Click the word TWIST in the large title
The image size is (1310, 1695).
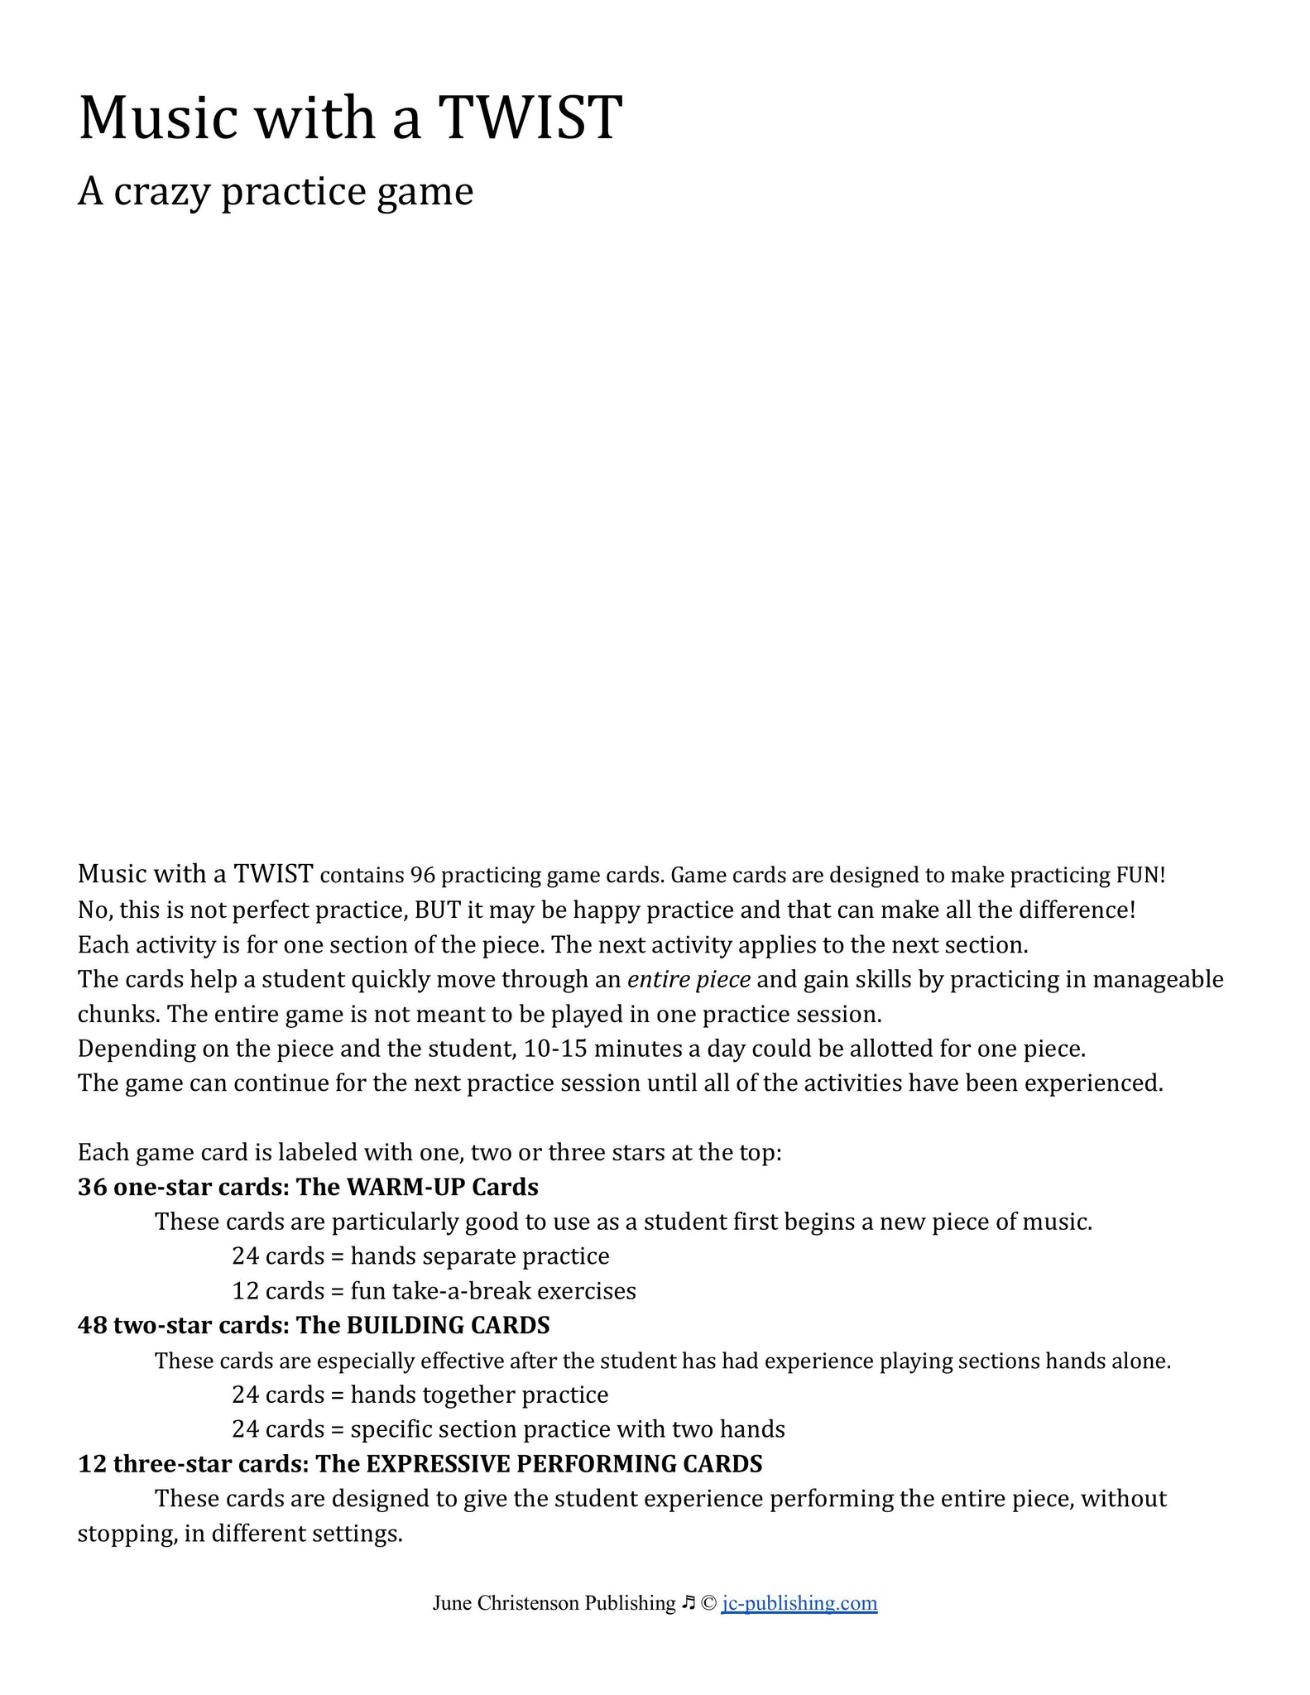[530, 118]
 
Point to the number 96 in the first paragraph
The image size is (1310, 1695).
[422, 875]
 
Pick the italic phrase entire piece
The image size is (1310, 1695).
[689, 980]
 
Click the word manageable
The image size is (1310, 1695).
[1158, 980]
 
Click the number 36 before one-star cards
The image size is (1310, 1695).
[92, 1188]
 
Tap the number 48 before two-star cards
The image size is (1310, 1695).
[92, 1326]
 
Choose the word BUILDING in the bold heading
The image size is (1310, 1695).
[405, 1326]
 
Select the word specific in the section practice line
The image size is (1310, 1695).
[391, 1429]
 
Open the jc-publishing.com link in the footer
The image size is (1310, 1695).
[799, 1603]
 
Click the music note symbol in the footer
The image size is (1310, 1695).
[689, 1603]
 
